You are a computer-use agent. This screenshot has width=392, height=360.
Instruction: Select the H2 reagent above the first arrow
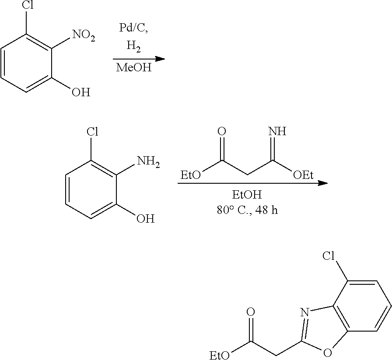133,45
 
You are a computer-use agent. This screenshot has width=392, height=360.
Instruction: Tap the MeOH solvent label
134,68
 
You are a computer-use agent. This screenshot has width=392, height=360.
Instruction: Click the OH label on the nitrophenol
80,93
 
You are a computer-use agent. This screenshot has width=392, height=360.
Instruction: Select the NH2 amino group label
148,162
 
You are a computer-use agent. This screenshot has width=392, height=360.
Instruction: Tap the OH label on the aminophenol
145,218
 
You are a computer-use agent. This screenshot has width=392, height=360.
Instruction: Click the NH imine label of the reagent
276,131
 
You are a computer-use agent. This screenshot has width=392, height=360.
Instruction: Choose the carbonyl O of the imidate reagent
222,131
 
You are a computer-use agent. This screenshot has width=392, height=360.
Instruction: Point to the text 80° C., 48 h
247,210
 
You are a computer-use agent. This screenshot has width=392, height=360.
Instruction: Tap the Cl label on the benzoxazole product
331,256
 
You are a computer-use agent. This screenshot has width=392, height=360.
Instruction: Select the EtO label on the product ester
220,354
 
